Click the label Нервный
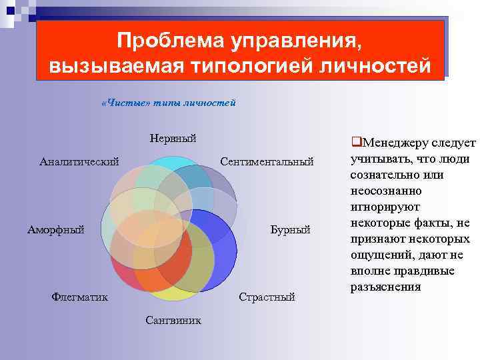173,139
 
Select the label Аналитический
79,161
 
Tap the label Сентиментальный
267,161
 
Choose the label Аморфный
55,230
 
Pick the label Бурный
291,230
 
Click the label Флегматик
79,297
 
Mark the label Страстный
267,297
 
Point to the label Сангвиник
173,320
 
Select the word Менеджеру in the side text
391,143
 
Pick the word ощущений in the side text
377,255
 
